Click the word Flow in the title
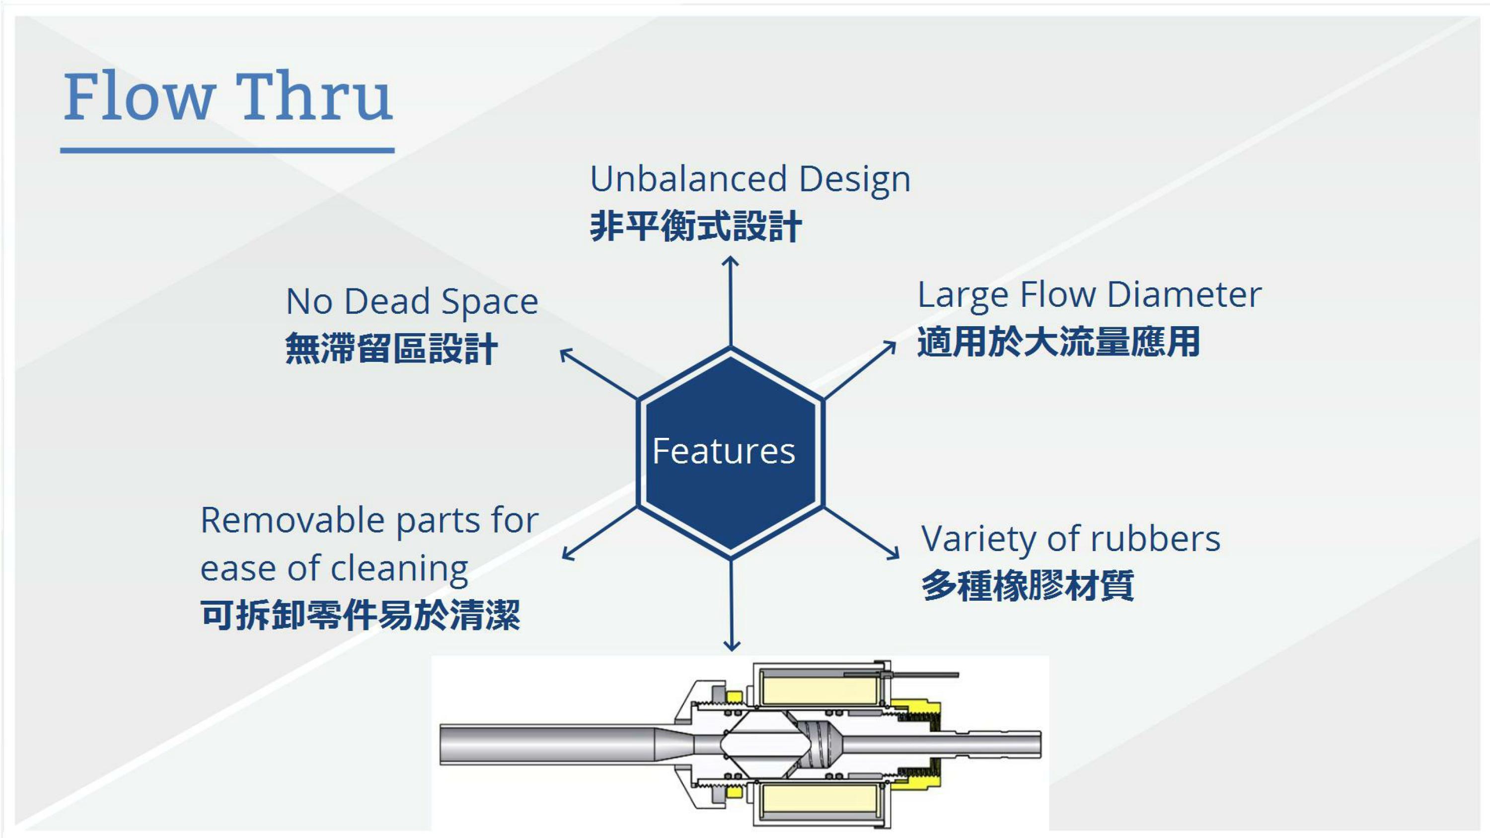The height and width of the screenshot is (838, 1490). click(139, 97)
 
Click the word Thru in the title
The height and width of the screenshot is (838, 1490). click(313, 97)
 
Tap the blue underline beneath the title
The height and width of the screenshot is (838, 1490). click(227, 150)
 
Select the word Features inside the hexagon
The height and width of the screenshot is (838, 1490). click(724, 451)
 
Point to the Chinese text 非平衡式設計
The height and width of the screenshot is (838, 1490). click(696, 226)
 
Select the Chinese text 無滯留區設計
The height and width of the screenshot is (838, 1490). click(391, 349)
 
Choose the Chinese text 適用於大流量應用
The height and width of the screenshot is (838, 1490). click(1058, 342)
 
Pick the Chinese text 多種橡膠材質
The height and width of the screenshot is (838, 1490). click(1027, 586)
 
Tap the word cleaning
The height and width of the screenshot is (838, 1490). click(399, 568)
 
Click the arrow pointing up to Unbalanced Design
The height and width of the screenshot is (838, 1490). click(731, 301)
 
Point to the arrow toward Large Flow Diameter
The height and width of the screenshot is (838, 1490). click(860, 370)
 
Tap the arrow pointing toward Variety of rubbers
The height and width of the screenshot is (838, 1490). click(862, 534)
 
